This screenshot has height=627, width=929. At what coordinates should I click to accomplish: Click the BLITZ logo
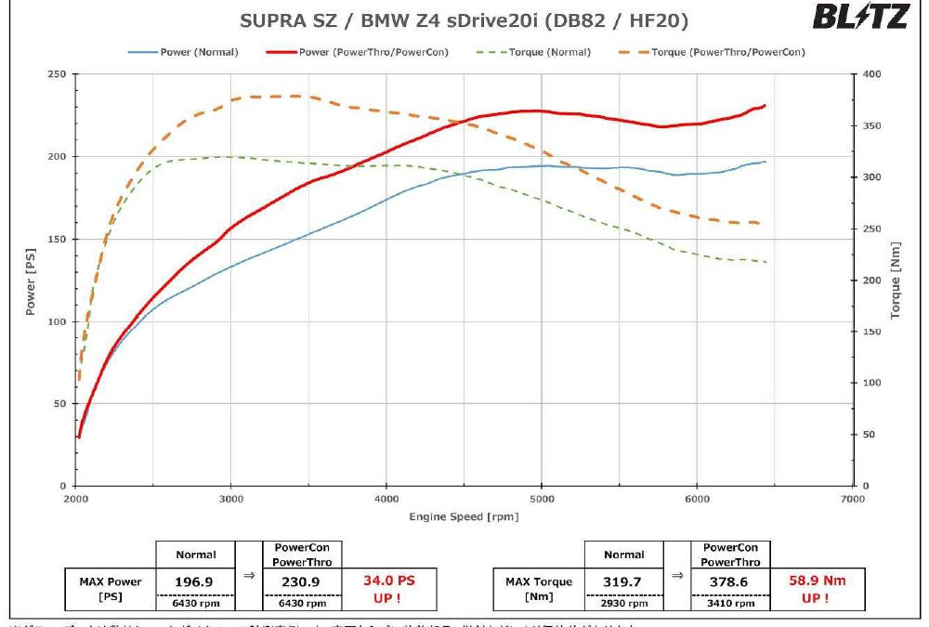pos(860,18)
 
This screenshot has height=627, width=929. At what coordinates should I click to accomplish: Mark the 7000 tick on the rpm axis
pos(852,500)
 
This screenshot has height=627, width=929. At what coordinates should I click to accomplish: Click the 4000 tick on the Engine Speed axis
pos(386,500)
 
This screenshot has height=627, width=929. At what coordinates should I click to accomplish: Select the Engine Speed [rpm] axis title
pos(464,516)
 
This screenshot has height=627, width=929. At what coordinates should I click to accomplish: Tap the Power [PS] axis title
pos(31,279)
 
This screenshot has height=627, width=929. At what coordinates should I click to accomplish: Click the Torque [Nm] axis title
pos(896,279)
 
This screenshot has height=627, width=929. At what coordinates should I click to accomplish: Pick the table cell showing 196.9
pos(195,581)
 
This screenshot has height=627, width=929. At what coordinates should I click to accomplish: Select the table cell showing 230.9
pos(302,581)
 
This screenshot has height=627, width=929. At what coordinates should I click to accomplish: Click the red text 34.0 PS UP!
pos(388,589)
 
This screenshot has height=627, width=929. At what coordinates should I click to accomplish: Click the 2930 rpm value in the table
pos(623,601)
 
